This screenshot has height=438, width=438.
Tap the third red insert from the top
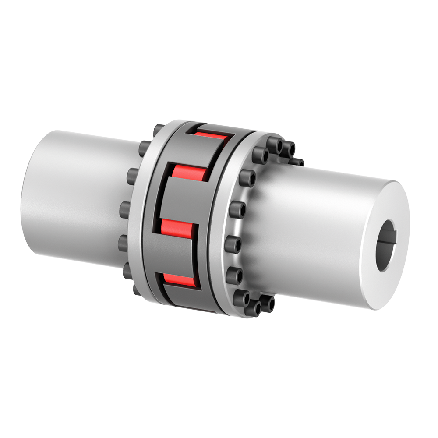tap(177, 227)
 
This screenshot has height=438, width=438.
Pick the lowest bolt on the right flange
tap(253, 309)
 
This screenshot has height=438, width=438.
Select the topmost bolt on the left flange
tap(158, 130)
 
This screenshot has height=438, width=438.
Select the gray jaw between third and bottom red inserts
tap(173, 254)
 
